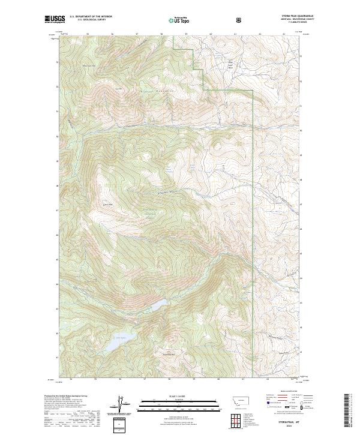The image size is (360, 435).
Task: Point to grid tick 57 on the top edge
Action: (137, 34)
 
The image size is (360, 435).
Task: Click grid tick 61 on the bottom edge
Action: (243, 379)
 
